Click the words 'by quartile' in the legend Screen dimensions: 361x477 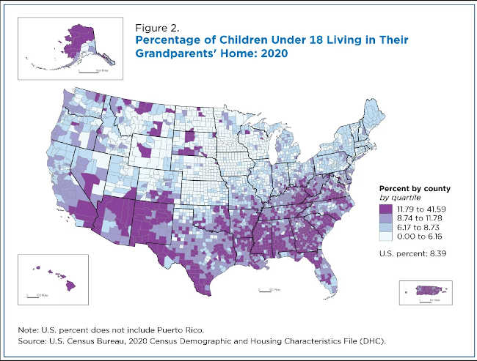coord(398,198)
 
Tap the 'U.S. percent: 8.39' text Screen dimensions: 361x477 coord(409,253)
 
